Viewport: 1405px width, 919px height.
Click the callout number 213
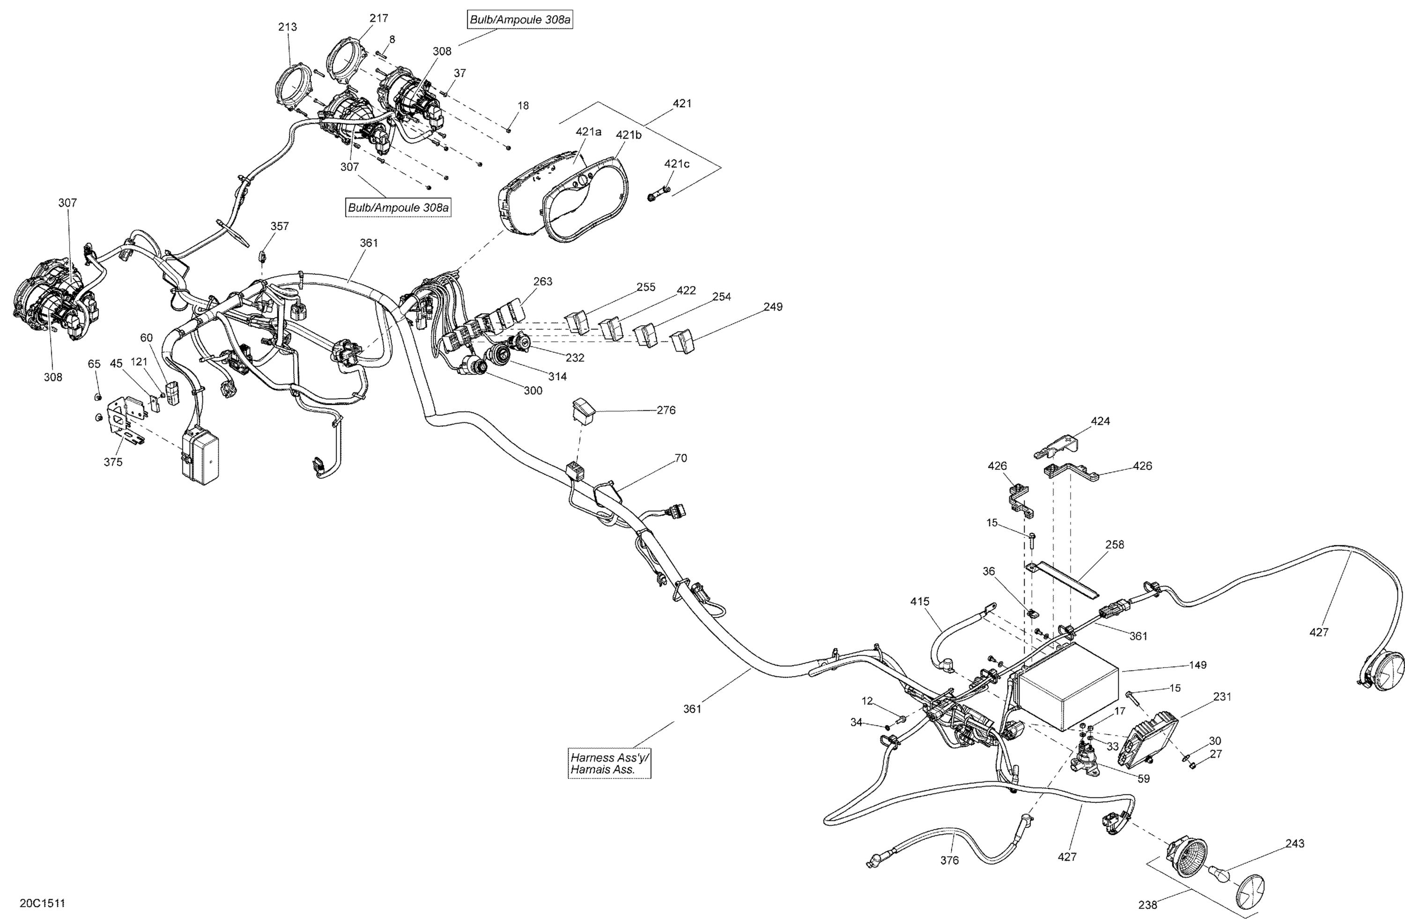tap(288, 27)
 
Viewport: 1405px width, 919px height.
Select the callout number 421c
tap(677, 164)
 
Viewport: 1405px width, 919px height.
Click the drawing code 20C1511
tap(43, 903)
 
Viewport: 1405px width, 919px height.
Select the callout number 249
tap(773, 307)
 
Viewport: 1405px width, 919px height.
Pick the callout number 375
tap(113, 462)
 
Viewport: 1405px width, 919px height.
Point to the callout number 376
tap(949, 860)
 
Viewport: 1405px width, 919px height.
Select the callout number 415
tap(920, 601)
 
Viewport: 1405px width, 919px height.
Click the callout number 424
tap(1100, 422)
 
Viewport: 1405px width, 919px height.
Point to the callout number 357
tap(280, 226)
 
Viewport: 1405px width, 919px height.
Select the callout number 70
tap(680, 458)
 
